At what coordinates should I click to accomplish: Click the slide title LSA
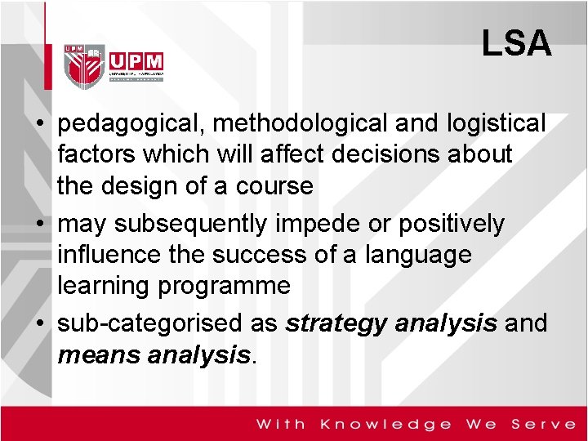click(x=516, y=44)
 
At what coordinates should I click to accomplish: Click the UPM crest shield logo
click(x=85, y=66)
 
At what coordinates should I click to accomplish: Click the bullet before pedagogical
click(x=39, y=125)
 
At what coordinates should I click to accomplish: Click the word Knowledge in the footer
click(x=386, y=424)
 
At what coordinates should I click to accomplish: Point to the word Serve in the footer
click(x=543, y=424)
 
